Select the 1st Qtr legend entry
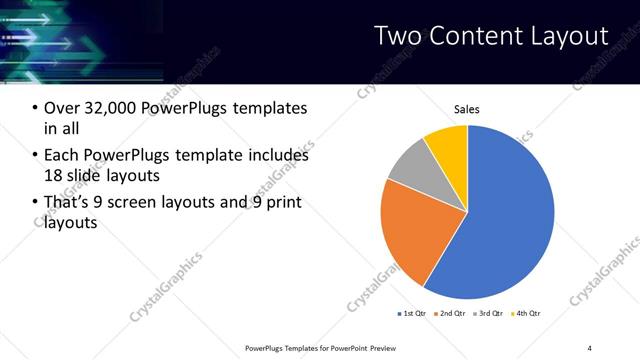point(415,314)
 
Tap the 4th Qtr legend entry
point(528,314)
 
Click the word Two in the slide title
point(398,36)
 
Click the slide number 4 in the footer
point(590,347)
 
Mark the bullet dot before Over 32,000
point(36,108)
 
